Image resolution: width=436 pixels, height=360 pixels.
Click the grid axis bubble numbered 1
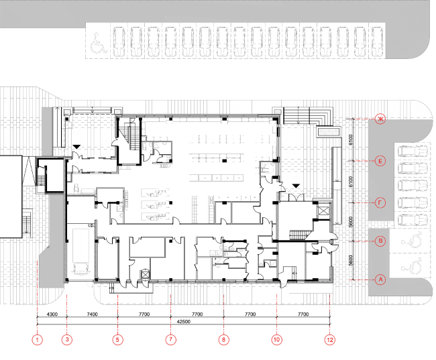click(x=38, y=339)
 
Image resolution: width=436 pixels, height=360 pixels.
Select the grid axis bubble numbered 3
click(x=67, y=339)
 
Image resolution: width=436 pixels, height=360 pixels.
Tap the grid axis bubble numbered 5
click(x=117, y=339)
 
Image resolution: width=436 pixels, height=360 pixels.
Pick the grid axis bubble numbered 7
click(x=171, y=339)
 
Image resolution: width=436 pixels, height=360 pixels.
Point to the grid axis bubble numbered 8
click(x=224, y=339)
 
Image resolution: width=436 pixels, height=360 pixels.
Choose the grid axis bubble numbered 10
click(x=276, y=339)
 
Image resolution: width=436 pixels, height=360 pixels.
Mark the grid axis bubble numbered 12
click(x=330, y=339)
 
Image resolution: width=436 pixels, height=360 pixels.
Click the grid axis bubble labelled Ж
click(x=380, y=119)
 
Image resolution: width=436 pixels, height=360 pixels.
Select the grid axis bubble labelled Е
click(x=380, y=161)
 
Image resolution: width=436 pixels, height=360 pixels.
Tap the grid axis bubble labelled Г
click(x=380, y=202)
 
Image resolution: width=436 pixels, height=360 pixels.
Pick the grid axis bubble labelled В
click(x=380, y=241)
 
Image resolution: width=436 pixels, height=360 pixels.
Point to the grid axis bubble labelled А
click(x=380, y=280)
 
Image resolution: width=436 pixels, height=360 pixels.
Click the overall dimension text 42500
click(x=184, y=322)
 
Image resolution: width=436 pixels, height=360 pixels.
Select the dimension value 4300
click(x=52, y=314)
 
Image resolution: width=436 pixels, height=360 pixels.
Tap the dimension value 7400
click(x=93, y=314)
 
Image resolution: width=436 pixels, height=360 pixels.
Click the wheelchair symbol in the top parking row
click(x=98, y=43)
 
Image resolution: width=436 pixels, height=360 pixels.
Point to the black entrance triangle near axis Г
click(x=296, y=186)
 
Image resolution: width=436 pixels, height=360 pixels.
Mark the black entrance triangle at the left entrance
click(x=76, y=147)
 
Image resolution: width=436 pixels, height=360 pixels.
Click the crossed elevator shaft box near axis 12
click(x=323, y=211)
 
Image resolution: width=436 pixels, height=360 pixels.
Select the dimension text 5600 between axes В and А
click(x=351, y=260)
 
